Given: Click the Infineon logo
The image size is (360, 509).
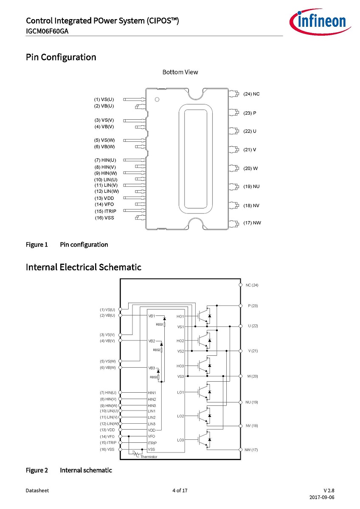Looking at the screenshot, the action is [320, 22].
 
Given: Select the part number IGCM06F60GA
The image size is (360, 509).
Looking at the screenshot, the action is [47, 31].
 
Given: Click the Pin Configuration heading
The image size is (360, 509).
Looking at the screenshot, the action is [61, 57].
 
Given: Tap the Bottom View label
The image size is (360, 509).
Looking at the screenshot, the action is [180, 72].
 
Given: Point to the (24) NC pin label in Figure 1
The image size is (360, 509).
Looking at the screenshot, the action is [252, 94].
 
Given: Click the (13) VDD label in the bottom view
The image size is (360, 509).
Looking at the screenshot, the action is [104, 198].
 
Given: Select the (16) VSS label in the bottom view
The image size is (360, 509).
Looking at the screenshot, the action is [104, 218].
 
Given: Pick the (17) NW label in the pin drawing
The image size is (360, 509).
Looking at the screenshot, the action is [252, 223].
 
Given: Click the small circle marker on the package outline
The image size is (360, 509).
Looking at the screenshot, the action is [157, 99].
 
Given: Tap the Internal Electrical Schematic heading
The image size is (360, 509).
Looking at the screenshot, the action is [84, 267].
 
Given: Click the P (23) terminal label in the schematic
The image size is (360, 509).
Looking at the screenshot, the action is [253, 306].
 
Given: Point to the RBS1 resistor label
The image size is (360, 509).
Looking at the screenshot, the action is [159, 324].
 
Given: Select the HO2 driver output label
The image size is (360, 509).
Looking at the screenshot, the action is [180, 341].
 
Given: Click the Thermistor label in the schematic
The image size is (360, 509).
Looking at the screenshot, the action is [149, 457].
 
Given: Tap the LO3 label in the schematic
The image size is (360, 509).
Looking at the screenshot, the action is [180, 440].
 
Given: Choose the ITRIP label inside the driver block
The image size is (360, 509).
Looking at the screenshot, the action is [152, 443].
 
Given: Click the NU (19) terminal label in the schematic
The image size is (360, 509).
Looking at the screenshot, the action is [252, 402].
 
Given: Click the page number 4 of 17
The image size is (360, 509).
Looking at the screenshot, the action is [180, 490].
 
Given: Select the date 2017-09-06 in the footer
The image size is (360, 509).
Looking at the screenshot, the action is [322, 497].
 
